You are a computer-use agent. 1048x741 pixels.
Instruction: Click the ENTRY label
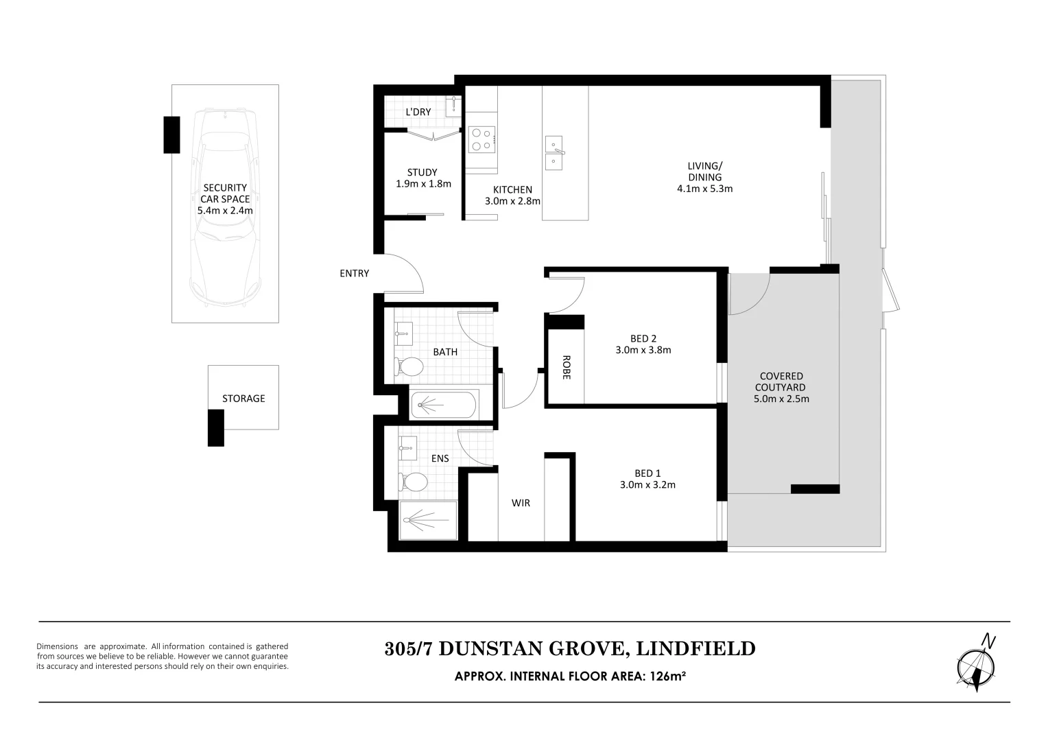(354, 274)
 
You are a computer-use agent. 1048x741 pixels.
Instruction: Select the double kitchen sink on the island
(556, 153)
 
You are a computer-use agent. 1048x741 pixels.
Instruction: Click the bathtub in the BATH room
(444, 404)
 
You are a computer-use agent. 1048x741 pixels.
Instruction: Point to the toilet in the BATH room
(409, 367)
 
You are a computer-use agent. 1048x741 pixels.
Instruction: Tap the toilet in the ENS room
(412, 482)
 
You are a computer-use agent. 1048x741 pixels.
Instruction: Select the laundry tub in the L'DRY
(453, 106)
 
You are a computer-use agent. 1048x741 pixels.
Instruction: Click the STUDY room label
(422, 172)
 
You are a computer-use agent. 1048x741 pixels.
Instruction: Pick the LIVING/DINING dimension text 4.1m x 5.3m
(704, 189)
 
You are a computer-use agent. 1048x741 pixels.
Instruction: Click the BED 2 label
(643, 338)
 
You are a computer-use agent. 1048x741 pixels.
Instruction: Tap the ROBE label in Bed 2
(567, 367)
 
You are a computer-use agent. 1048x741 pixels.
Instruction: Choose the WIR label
(521, 503)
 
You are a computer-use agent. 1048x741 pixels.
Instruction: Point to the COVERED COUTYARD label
(781, 381)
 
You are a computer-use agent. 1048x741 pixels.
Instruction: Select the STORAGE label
(243, 399)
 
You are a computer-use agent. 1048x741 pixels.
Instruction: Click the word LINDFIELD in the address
(696, 648)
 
